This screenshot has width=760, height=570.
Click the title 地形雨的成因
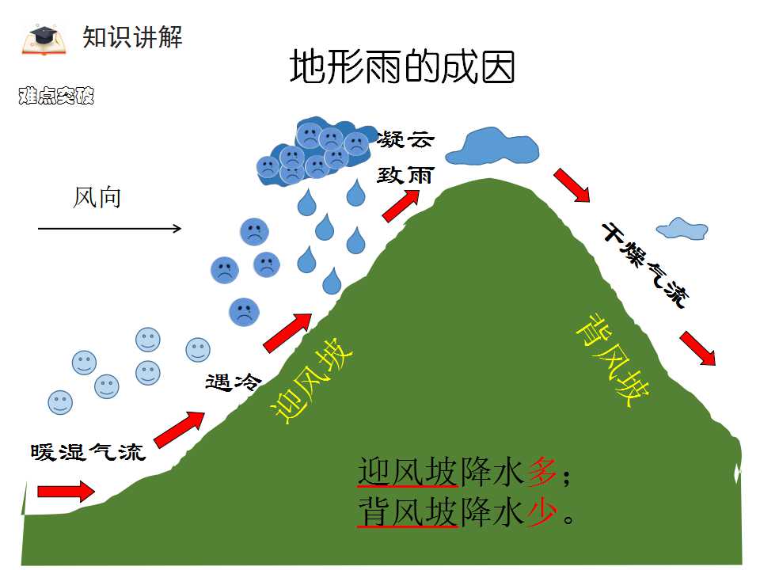pos(402,66)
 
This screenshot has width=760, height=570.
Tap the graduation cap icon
pos(43,38)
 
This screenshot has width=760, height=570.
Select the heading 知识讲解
pos(132,37)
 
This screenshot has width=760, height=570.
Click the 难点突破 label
pos(56,96)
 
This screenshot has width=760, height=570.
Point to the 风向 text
pos(97,198)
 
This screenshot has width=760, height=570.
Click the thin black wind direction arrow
pos(109,228)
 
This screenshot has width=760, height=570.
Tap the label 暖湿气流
pos(88,452)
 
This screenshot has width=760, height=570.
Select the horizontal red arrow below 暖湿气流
pos(66,492)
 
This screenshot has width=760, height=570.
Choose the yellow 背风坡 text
pos(612,360)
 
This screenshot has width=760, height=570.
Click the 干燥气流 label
pos(645,265)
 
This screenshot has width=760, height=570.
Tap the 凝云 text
pos(405,139)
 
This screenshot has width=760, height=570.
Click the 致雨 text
pos(405,176)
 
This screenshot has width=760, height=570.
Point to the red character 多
pos(542,472)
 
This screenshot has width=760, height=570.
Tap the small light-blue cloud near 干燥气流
pos(682,228)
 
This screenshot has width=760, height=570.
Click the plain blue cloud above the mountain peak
pos(492,146)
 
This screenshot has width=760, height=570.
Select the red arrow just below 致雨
pos(401,206)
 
